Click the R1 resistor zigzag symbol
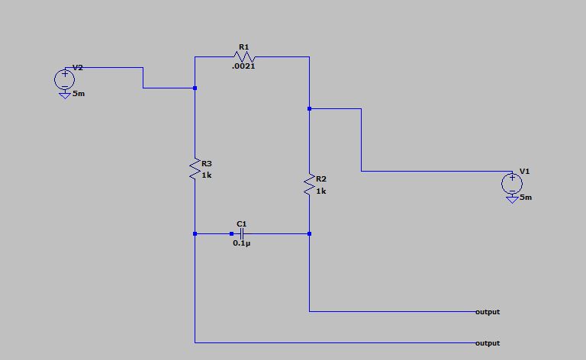[244, 57]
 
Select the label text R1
[243, 47]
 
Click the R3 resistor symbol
[195, 169]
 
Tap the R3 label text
[207, 163]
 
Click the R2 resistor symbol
[309, 185]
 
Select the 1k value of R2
[320, 191]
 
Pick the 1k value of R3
[207, 175]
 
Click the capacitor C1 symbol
[241, 233]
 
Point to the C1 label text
[241, 224]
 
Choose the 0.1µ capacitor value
[241, 243]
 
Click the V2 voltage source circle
[64, 78]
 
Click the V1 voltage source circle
[511, 182]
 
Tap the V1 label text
[524, 172]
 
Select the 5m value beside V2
[79, 93]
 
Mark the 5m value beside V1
[526, 198]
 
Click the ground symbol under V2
[64, 95]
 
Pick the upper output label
[487, 312]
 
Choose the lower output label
[487, 343]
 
